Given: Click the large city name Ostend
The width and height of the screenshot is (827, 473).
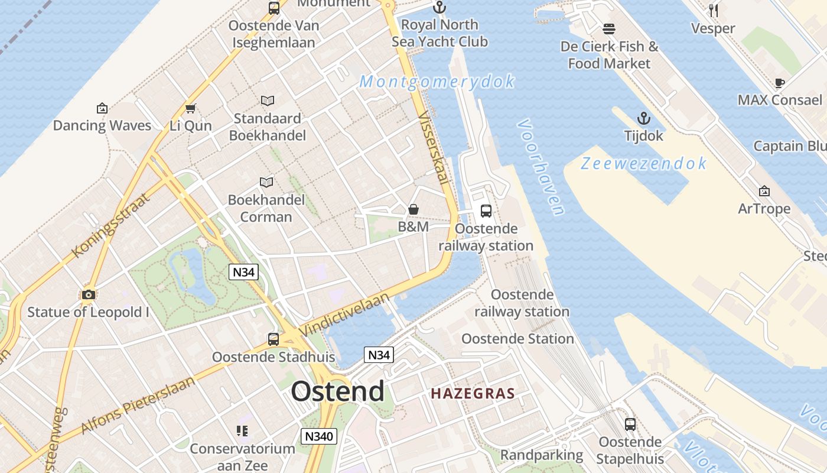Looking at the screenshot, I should point(337,391).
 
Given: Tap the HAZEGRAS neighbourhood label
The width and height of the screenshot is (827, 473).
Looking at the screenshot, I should point(473,393).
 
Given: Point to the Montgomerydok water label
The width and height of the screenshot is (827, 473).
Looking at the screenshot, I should point(437,82).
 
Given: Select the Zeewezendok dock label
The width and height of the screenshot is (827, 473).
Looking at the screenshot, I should point(644,163).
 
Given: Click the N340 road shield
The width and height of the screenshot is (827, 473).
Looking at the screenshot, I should point(319,436).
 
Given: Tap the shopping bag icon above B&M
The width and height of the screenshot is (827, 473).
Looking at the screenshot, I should point(413,209).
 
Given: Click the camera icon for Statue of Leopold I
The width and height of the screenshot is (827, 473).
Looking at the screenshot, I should point(89,294).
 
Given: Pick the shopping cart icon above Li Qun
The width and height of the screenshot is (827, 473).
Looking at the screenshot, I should point(190,108).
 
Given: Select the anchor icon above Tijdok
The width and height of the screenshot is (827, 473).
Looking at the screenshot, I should point(644,118).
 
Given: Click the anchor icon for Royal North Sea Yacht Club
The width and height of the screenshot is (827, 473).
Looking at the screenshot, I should point(439,8).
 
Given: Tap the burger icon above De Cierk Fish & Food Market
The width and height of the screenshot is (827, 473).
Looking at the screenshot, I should point(609,29).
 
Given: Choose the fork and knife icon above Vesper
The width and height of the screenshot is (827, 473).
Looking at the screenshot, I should point(713,11).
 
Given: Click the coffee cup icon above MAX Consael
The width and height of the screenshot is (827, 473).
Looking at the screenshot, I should point(780,83).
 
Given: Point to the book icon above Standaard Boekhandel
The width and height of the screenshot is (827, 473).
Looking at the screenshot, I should point(268,101).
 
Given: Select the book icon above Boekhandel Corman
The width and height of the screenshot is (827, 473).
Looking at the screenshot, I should point(266,182).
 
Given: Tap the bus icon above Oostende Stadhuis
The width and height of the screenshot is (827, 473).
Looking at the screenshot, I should point(273,339).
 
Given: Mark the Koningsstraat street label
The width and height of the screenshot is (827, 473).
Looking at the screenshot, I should point(110,225).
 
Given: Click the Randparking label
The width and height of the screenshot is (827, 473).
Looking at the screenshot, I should point(542,455).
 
